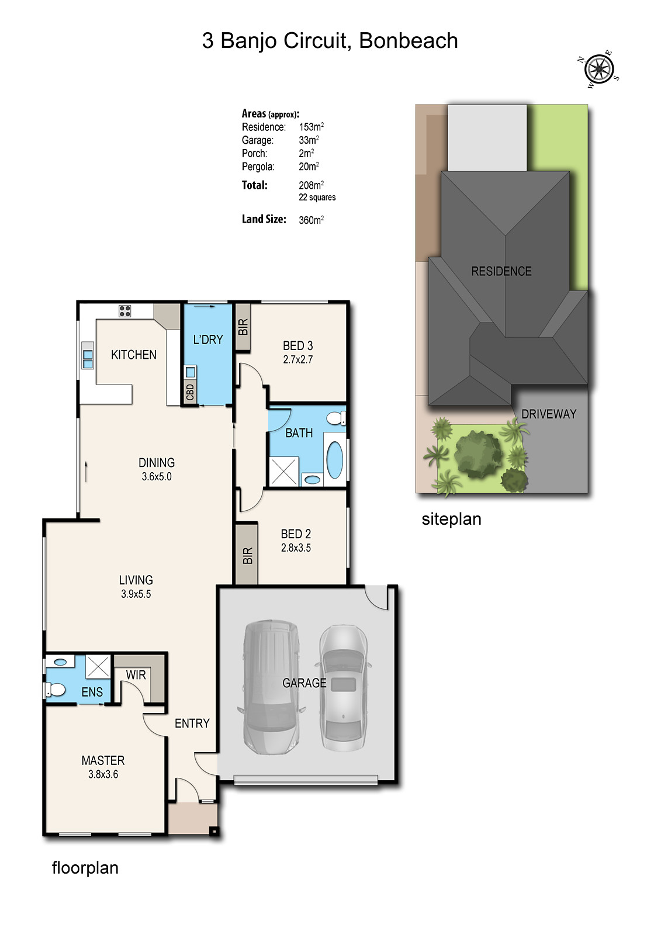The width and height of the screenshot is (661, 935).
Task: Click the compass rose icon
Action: pos(599,70)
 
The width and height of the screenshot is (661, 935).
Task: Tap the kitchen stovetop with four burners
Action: pos(124,311)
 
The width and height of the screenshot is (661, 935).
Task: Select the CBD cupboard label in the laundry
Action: pos(190,392)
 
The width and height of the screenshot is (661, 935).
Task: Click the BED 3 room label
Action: pos(297,346)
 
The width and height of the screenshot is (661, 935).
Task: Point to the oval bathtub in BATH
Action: pos(334,460)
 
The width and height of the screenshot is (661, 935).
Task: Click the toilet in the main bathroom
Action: pos(336,418)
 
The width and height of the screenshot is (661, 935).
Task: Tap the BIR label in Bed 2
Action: pos(247,555)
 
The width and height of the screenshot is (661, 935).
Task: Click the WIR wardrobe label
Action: pos(136,675)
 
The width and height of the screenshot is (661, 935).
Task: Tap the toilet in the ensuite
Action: pos(56,690)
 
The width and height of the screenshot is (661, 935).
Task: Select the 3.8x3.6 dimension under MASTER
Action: pos(103,774)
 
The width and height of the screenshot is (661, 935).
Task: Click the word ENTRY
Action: pos(192,723)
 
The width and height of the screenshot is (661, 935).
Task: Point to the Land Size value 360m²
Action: pos(311,220)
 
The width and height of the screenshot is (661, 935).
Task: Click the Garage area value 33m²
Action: pos(309,140)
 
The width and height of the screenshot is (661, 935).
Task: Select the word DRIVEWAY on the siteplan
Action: pos(548,414)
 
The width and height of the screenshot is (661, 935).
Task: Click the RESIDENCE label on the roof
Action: pos(501,271)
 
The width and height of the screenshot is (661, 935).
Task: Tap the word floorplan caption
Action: pos(85,868)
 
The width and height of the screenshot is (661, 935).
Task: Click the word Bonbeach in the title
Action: pos(408,41)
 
